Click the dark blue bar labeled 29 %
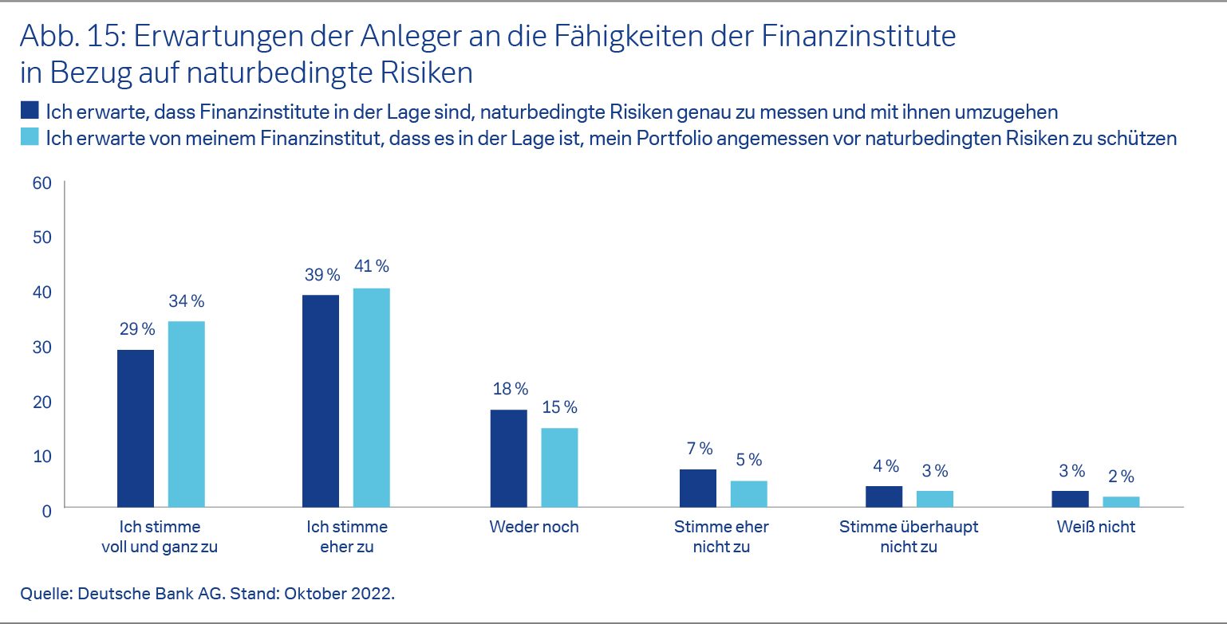pyautogui.click(x=136, y=428)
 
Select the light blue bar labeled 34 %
pyautogui.click(x=186, y=414)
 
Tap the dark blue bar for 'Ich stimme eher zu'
pyautogui.click(x=321, y=401)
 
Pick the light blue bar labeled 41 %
pyautogui.click(x=371, y=397)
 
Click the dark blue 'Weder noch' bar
pyautogui.click(x=508, y=458)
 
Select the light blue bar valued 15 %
pyautogui.click(x=559, y=467)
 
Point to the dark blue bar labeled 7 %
pyautogui.click(x=698, y=488)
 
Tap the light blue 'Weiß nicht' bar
pyautogui.click(x=1121, y=501)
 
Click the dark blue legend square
pyautogui.click(x=30, y=109)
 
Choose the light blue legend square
pyautogui.click(x=30, y=137)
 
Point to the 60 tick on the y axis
pyautogui.click(x=41, y=183)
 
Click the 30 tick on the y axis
pyautogui.click(x=41, y=347)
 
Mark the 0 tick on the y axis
pyautogui.click(x=46, y=510)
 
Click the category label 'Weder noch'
pyautogui.click(x=534, y=527)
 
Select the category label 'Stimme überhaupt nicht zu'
pyautogui.click(x=909, y=537)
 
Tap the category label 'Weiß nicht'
pyautogui.click(x=1096, y=527)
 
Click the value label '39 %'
pyautogui.click(x=321, y=275)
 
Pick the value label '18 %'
pyautogui.click(x=508, y=389)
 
